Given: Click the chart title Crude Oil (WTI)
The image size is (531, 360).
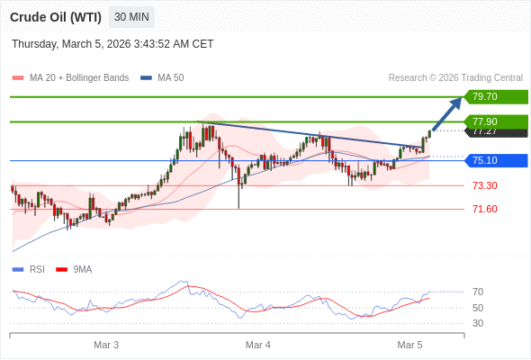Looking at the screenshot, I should [x=55, y=17].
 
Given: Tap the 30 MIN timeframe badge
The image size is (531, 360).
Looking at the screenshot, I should [x=131, y=17].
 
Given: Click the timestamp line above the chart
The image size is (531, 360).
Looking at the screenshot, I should [x=112, y=43].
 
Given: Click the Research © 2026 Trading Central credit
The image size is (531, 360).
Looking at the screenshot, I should [x=455, y=77].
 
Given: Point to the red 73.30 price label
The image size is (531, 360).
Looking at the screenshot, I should [x=484, y=185].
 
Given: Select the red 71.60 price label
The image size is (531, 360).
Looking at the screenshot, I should [x=484, y=209].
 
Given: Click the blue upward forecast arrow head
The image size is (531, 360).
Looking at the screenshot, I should [x=457, y=102].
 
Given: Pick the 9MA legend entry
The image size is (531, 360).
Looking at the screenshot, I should [x=82, y=269].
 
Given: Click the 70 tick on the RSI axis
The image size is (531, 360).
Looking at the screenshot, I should [x=478, y=292].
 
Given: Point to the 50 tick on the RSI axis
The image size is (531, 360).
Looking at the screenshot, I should [x=478, y=308].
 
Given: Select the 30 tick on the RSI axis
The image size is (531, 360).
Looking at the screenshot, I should [x=478, y=323].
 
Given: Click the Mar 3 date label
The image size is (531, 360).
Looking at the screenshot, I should [x=106, y=345].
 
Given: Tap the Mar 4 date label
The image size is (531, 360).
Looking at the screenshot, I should [x=258, y=345].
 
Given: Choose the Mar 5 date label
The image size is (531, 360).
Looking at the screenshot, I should [x=410, y=345].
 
